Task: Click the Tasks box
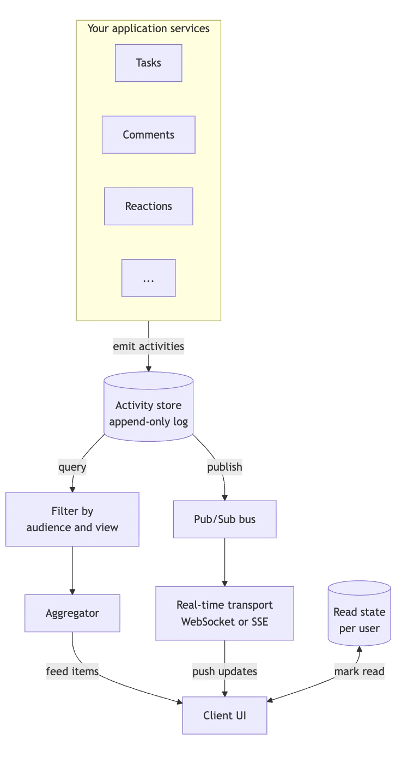pyautogui.click(x=149, y=63)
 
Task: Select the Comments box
pyautogui.click(x=149, y=135)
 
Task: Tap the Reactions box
pyautogui.click(x=149, y=206)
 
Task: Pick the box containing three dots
pyautogui.click(x=149, y=278)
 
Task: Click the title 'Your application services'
pyautogui.click(x=149, y=28)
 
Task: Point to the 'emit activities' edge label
pyautogui.click(x=149, y=346)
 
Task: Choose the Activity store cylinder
pyautogui.click(x=149, y=406)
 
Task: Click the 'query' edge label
pyautogui.click(x=72, y=467)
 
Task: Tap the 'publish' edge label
pyautogui.click(x=225, y=467)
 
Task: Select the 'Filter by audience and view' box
pyautogui.click(x=72, y=519)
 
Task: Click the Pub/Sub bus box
pyautogui.click(x=225, y=519)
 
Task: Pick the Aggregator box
pyautogui.click(x=72, y=613)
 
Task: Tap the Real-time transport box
pyautogui.click(x=225, y=613)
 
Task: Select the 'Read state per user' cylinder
pyautogui.click(x=360, y=613)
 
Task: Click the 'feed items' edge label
pyautogui.click(x=72, y=671)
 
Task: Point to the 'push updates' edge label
pyautogui.click(x=225, y=671)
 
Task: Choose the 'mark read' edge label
pyautogui.click(x=360, y=671)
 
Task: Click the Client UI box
pyautogui.click(x=225, y=716)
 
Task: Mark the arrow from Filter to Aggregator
pyautogui.click(x=72, y=570)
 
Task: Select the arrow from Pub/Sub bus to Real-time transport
pyautogui.click(x=225, y=562)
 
